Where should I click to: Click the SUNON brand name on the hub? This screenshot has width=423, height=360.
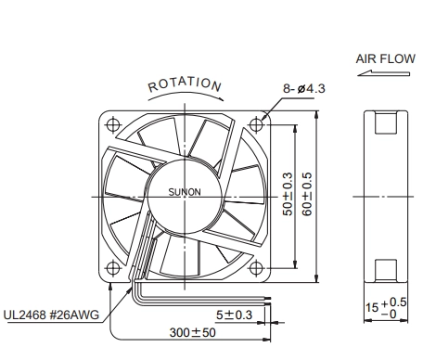(185, 192)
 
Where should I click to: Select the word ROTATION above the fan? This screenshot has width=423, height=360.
(185, 84)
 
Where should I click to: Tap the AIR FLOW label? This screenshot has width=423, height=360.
(385, 58)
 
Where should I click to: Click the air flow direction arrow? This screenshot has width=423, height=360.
(384, 73)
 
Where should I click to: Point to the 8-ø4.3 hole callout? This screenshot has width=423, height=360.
(304, 89)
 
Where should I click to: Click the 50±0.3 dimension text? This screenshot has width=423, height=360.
(288, 194)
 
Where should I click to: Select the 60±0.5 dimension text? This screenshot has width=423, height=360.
(307, 194)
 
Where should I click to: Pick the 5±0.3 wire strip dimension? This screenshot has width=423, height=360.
(234, 315)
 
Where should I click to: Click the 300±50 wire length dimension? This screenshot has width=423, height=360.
(192, 333)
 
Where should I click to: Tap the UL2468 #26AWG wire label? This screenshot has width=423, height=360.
(51, 315)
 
